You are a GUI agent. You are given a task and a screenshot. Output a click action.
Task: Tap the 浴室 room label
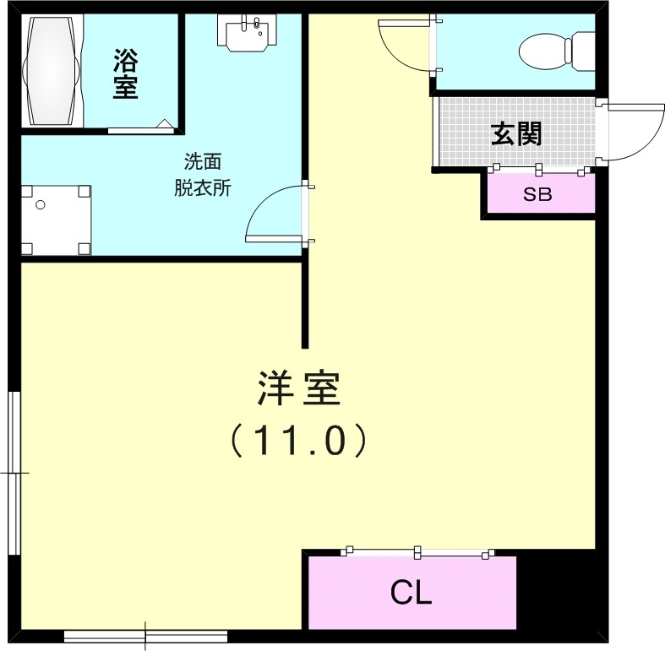click(125, 74)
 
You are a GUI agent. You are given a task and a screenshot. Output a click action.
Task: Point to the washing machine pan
click(56, 220)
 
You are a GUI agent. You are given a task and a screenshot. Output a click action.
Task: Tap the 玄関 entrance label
click(517, 133)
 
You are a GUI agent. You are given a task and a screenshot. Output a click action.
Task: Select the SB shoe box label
click(537, 195)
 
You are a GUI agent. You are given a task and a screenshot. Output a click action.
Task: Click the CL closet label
click(412, 594)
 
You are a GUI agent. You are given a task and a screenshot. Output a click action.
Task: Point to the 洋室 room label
click(298, 388)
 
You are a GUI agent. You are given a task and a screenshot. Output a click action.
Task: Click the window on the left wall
click(14, 473)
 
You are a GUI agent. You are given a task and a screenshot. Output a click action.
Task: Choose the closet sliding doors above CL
click(417, 553)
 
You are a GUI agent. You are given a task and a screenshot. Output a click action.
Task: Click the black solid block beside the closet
click(557, 591)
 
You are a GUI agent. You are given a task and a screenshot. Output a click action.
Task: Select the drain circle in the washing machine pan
click(41, 204)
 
